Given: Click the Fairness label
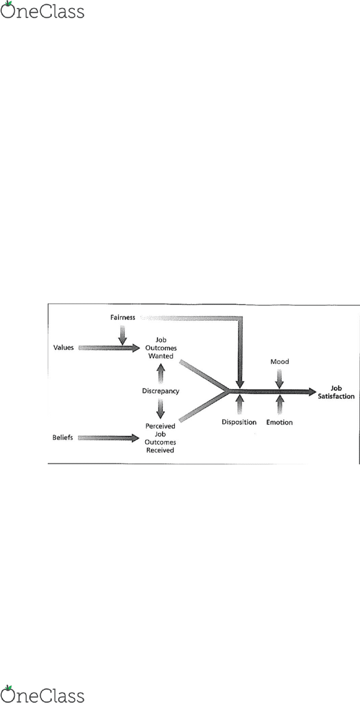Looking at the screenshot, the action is point(123,317).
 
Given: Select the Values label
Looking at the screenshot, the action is point(63,347).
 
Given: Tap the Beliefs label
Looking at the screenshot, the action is point(62,437).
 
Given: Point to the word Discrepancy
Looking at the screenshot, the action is point(161,391).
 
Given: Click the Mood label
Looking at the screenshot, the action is point(280,362).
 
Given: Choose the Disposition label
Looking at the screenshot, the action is point(239,422).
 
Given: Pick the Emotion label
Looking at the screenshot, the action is point(279,423).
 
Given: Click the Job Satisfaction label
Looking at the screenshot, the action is point(336,392).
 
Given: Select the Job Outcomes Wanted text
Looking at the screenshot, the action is point(161,348).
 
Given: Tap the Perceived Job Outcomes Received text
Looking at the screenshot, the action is point(160,438).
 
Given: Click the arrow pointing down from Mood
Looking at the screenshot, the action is point(279,379).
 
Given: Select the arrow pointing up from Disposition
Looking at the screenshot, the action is point(240,404).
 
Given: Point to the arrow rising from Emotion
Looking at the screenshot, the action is point(280,404).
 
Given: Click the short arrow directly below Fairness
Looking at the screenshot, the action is point(123,335).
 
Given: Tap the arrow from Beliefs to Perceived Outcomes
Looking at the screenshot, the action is point(108,438).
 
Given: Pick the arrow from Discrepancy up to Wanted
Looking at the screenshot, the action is point(161,374).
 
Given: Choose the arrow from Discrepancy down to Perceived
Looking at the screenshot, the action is point(161,408).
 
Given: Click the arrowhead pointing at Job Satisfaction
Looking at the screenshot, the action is point(312,392).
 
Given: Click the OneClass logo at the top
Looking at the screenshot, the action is point(42,10).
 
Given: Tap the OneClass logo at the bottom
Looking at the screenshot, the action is point(42,694).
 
